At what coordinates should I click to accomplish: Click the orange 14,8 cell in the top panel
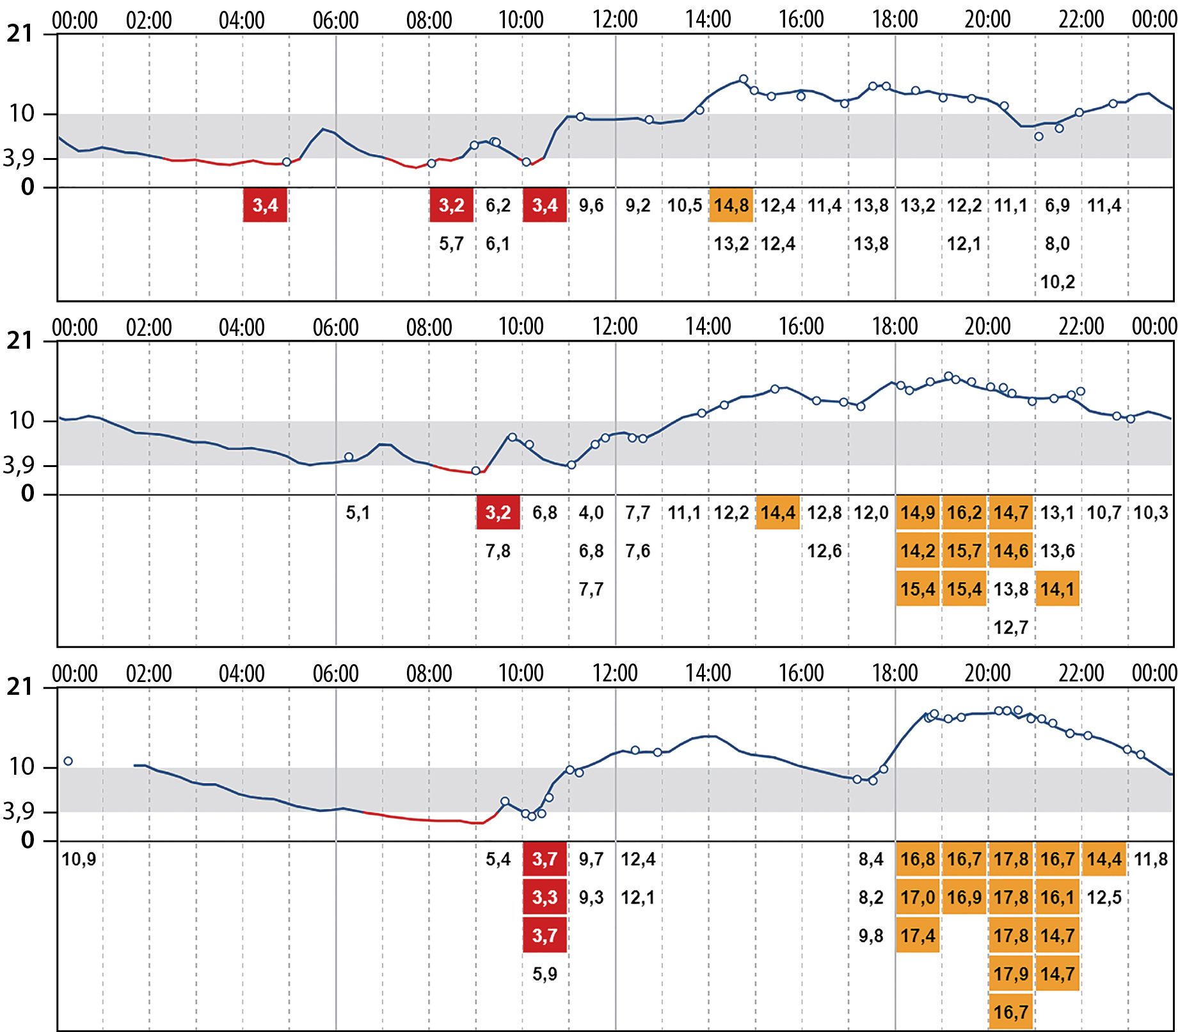coord(731,205)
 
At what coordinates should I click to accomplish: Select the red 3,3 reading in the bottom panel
coord(545,898)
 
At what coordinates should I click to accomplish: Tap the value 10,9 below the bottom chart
coord(79,859)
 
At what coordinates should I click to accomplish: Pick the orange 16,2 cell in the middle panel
coord(964,512)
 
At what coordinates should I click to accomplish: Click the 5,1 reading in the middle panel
coord(358,512)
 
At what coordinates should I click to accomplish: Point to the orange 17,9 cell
coord(1011,974)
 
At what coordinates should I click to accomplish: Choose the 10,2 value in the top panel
coord(1057,282)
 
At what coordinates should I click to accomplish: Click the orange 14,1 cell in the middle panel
coord(1057,589)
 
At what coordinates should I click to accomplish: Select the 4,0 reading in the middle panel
coord(591,512)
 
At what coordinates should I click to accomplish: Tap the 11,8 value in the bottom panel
coord(1150,859)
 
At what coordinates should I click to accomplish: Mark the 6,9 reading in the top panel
coord(1057,205)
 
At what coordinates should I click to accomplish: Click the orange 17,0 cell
coord(918,898)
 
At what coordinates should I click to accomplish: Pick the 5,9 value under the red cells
coord(545,974)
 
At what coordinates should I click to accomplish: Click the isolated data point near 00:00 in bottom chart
coord(68,761)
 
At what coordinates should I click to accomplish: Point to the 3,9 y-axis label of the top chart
coord(19,158)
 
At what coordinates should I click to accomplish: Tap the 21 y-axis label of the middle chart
coord(19,341)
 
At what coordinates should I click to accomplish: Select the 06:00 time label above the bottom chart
coord(335,674)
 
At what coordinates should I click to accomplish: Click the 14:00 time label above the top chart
coord(708,20)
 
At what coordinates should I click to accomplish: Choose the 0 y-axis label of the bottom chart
coord(28,840)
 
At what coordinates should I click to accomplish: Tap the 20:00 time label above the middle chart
coord(987,327)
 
